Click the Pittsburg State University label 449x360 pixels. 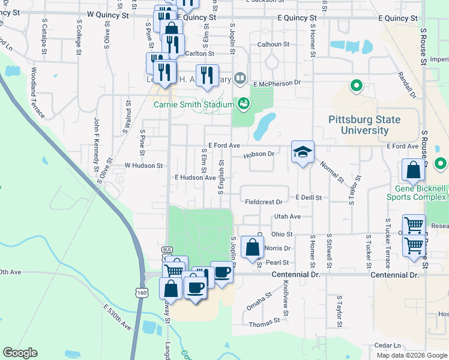(x=364, y=125)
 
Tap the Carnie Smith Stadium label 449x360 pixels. (x=193, y=104)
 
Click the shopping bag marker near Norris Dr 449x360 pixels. (x=252, y=247)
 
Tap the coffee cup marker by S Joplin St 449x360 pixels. (x=221, y=272)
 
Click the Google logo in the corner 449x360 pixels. (x=20, y=353)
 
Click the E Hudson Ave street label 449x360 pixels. (x=195, y=178)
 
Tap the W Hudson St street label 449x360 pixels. (x=143, y=165)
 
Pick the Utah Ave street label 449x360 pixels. (x=286, y=216)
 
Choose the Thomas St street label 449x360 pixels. (x=262, y=324)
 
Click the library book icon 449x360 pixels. (x=240, y=77)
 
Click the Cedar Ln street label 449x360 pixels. (x=387, y=346)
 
